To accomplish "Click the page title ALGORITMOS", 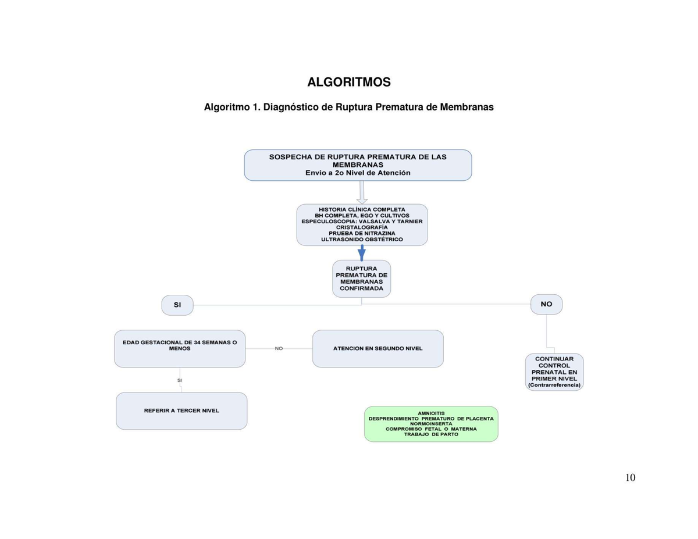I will [348, 83].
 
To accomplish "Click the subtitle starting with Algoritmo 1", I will [348, 108].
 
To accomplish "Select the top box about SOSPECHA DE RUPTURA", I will [358, 165].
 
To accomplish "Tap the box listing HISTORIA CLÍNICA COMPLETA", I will [362, 224].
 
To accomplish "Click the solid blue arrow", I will [362, 253].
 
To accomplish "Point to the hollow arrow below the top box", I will [362, 192].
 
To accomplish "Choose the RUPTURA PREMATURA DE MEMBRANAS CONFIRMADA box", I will [361, 279].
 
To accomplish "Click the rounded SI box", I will [177, 305].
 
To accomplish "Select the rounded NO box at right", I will [546, 304].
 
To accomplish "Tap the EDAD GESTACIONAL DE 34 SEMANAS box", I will [180, 348].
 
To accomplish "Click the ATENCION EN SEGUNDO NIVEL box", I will [378, 348].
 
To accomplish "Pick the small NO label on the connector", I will [279, 348].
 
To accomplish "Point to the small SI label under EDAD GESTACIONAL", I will [180, 380].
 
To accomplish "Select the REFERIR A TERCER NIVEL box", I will [181, 411].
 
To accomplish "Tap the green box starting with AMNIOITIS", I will [431, 424].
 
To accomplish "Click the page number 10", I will [630, 478].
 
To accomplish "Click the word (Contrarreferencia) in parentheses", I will [554, 385].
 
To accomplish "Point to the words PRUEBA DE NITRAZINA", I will [362, 233].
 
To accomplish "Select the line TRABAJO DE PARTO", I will [431, 434].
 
